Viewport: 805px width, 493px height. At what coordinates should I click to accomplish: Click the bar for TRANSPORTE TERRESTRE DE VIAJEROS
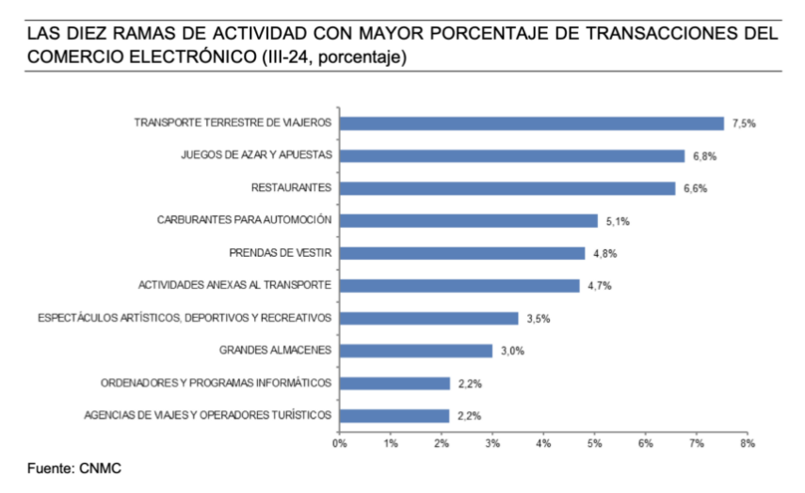click(x=531, y=123)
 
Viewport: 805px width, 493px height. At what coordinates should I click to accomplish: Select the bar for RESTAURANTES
click(x=507, y=188)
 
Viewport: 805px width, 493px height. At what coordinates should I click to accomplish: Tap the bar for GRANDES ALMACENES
click(x=415, y=351)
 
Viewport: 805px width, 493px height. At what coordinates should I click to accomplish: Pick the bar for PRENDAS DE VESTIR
click(x=462, y=253)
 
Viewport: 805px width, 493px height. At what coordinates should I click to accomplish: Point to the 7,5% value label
click(x=745, y=123)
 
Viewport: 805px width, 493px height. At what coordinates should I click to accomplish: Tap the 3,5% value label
click(x=539, y=319)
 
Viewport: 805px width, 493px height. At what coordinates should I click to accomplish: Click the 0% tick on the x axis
click(x=339, y=441)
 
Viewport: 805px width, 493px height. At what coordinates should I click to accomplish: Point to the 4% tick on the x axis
click(x=543, y=441)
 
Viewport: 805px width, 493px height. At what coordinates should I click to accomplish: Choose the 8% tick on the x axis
click(x=747, y=441)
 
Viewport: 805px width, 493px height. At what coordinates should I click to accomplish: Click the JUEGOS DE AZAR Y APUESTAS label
click(x=256, y=155)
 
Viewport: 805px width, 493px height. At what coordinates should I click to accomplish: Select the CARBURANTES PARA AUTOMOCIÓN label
click(x=245, y=220)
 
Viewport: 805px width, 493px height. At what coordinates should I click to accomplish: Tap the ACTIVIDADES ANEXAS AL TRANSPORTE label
click(x=235, y=285)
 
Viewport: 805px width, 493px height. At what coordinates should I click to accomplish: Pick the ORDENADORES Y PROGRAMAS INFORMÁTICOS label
click(x=217, y=383)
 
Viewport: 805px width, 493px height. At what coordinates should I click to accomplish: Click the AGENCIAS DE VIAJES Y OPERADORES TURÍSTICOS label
click(x=208, y=415)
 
